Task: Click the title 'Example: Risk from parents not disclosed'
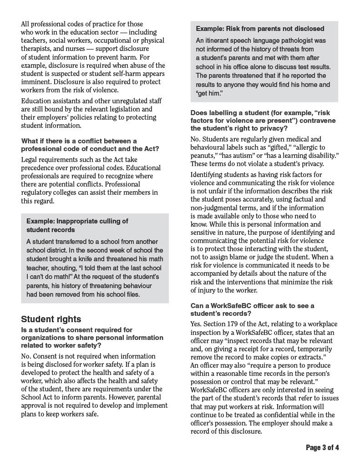pyautogui.click(x=260, y=29)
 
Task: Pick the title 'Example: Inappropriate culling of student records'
pyautogui.click(x=77, y=226)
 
